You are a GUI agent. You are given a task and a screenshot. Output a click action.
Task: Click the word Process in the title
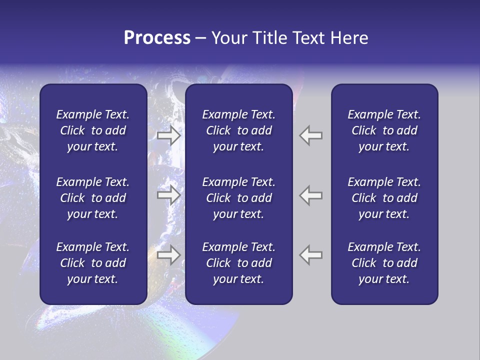pyautogui.click(x=157, y=38)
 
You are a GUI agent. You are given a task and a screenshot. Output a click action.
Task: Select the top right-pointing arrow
pyautogui.click(x=169, y=135)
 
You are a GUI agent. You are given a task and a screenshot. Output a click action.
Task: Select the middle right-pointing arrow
pyautogui.click(x=169, y=195)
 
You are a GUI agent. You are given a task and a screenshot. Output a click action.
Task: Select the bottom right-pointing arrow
pyautogui.click(x=169, y=255)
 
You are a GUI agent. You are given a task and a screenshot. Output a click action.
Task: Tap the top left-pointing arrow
pyautogui.click(x=311, y=135)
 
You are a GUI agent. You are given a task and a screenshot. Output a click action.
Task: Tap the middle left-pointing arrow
pyautogui.click(x=311, y=195)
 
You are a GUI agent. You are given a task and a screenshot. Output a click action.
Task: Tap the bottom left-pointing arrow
pyautogui.click(x=311, y=255)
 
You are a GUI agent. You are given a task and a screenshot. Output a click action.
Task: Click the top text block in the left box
pyautogui.click(x=93, y=130)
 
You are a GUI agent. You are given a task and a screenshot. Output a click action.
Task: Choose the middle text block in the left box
pyautogui.click(x=93, y=198)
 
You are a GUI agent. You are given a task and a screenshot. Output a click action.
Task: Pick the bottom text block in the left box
pyautogui.click(x=93, y=263)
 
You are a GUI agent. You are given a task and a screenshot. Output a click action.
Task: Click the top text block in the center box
pyautogui.click(x=238, y=130)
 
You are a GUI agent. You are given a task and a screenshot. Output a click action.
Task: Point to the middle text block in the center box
pyautogui.click(x=238, y=198)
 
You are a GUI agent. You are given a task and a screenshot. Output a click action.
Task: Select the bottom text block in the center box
pyautogui.click(x=238, y=263)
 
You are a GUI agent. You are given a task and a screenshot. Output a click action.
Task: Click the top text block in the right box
pyautogui.click(x=384, y=130)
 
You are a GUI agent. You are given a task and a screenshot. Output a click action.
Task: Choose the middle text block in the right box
pyautogui.click(x=384, y=198)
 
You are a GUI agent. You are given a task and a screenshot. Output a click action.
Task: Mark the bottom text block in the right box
pyautogui.click(x=384, y=263)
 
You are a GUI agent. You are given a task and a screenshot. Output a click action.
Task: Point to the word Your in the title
pyautogui.click(x=228, y=38)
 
